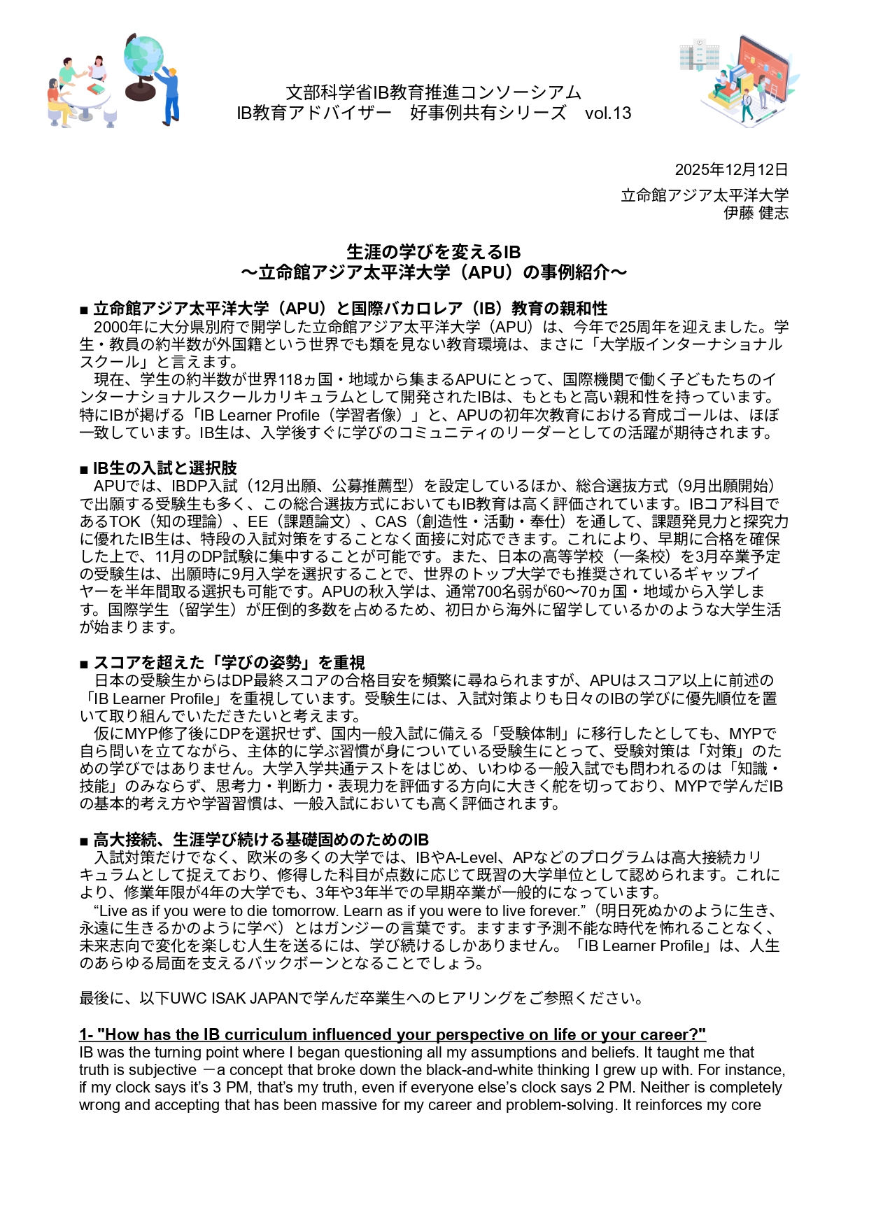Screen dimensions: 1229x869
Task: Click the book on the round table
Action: point(96,90)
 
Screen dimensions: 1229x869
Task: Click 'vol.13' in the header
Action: point(608,113)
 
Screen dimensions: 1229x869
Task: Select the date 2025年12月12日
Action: point(731,170)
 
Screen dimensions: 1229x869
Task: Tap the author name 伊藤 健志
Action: point(756,213)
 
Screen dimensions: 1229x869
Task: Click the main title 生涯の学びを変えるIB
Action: point(434,252)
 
